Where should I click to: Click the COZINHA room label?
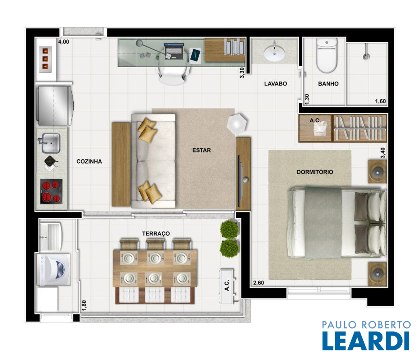click(x=89, y=162)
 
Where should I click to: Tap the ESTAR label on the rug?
click(x=202, y=150)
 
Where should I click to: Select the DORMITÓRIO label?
click(x=315, y=172)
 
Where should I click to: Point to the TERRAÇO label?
click(x=156, y=233)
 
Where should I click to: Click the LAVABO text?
click(x=275, y=84)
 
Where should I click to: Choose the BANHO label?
click(x=328, y=84)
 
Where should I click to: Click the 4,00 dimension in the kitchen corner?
click(x=64, y=42)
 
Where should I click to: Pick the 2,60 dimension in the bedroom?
click(x=258, y=283)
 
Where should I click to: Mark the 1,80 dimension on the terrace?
click(x=84, y=305)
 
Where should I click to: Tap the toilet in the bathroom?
click(x=327, y=55)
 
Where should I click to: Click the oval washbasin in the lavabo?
click(x=274, y=53)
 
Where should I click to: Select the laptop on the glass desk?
click(x=174, y=51)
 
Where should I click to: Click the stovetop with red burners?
click(x=51, y=191)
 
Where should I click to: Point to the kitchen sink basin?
click(x=50, y=143)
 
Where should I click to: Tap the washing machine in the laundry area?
click(x=54, y=270)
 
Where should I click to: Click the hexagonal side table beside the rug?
click(x=237, y=123)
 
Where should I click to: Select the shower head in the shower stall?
click(x=366, y=57)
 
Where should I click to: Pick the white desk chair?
click(x=172, y=74)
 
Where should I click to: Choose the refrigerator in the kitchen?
click(x=55, y=105)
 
